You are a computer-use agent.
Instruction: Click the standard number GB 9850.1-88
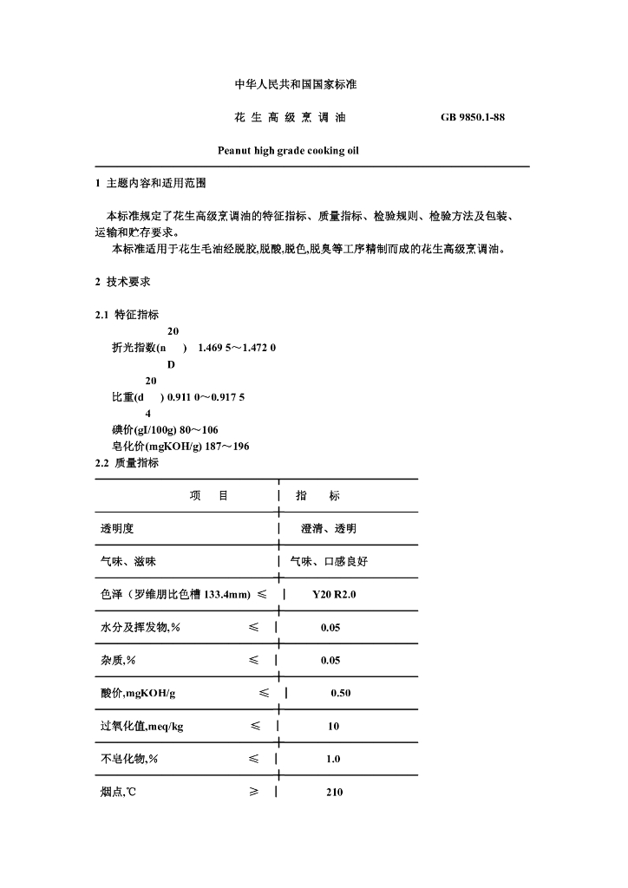[473, 117]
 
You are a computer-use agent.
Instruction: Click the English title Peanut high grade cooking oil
[288, 150]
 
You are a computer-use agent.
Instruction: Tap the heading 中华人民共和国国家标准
[297, 85]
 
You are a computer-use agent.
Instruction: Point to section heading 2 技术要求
[128, 282]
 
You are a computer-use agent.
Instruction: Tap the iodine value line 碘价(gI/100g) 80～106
[165, 429]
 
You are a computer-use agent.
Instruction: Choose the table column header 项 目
[209, 496]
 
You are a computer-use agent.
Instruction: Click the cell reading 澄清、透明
[329, 529]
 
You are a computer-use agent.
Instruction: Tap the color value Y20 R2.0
[335, 595]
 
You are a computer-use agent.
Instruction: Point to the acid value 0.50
[340, 693]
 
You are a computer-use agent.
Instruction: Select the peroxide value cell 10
[333, 726]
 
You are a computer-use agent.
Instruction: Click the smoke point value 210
[334, 792]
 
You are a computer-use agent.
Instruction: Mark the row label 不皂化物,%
[129, 759]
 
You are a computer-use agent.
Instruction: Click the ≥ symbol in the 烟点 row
[254, 792]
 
